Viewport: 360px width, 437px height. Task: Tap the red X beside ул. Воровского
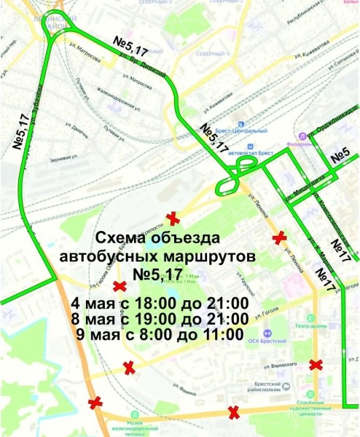click(316, 365)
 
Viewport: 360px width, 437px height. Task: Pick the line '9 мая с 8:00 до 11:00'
click(160, 335)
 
